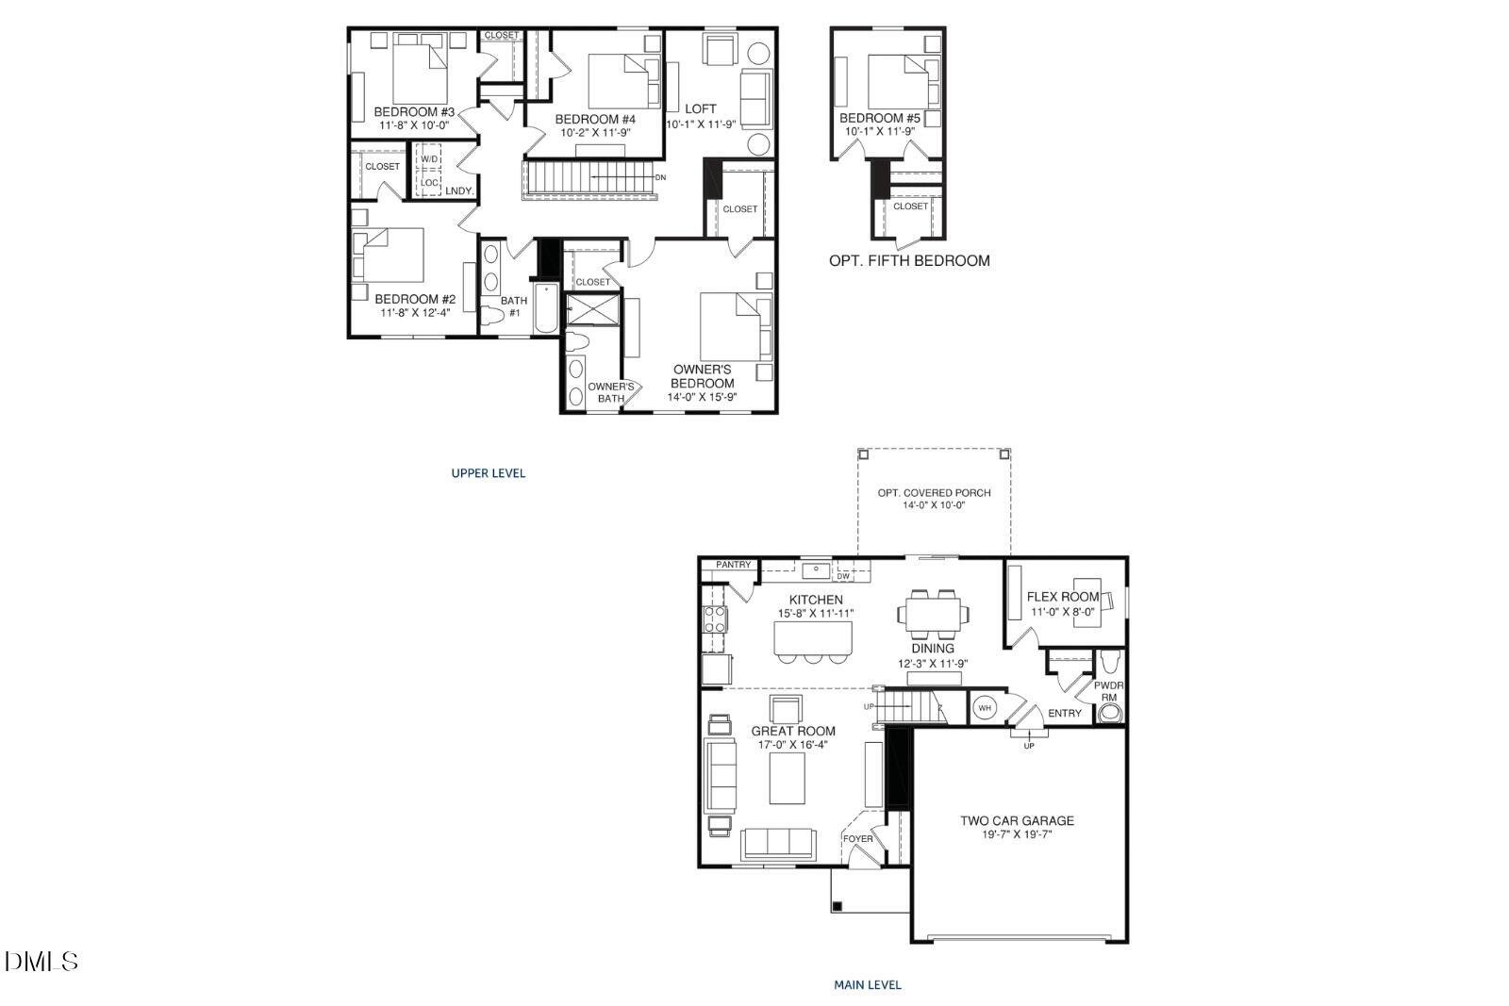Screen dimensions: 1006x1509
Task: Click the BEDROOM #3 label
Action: coord(414,112)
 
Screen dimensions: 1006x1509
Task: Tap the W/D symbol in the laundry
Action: coord(430,159)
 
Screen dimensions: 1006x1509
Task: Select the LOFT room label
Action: coord(700,109)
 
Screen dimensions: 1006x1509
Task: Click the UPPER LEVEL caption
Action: coord(488,473)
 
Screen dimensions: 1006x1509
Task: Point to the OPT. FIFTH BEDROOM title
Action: coord(909,261)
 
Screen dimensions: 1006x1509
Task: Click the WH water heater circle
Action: coord(985,708)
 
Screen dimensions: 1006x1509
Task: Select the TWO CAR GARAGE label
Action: coord(1017,820)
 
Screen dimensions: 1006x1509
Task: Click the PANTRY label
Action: coord(733,565)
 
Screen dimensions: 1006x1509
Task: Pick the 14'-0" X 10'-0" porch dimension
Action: coord(934,505)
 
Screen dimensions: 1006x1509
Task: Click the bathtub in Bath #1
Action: coord(546,308)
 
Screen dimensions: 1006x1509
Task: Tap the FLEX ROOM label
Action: coord(1063,597)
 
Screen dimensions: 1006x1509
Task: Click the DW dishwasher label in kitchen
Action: coord(843,575)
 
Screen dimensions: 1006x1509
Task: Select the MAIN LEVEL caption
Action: coord(867,985)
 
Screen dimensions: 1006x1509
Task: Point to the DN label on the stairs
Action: coord(660,177)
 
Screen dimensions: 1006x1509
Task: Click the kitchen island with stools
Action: coord(813,638)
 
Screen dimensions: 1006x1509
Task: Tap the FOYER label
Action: coord(857,838)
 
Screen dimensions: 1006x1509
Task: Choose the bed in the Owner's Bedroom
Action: coord(735,325)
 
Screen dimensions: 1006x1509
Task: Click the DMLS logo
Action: coord(41,962)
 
